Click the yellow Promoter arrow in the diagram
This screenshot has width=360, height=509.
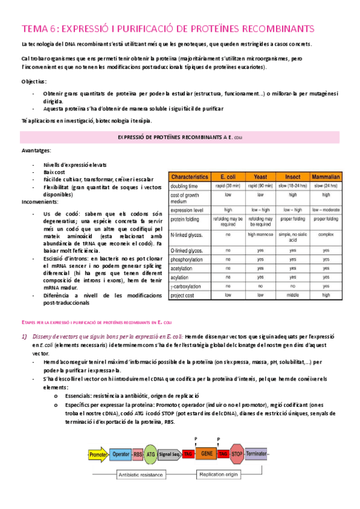(98, 454)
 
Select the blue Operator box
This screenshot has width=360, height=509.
(120, 454)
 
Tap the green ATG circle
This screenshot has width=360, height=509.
(151, 454)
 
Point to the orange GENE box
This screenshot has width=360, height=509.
(207, 454)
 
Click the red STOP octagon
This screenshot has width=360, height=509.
(236, 454)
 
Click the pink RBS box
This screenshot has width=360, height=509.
(137, 454)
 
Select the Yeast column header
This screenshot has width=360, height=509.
(260, 177)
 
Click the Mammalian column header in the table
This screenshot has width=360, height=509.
(326, 177)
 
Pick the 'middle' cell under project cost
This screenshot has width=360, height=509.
(293, 295)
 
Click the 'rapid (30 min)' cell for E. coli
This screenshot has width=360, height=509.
(228, 186)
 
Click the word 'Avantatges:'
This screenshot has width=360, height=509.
(35, 150)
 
